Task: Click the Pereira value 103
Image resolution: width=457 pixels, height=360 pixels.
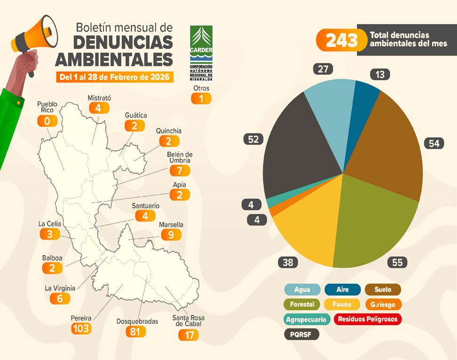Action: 81,328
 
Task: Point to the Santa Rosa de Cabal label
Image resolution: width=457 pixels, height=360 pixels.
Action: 188,321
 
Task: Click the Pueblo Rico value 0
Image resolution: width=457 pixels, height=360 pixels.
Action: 47,121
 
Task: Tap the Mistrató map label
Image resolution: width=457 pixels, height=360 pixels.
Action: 99,98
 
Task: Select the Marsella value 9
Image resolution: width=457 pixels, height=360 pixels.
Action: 171,234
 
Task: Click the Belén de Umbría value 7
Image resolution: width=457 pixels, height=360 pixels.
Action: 179,171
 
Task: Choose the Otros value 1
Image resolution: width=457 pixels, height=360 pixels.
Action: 201,98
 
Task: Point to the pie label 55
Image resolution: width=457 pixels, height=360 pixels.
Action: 397,262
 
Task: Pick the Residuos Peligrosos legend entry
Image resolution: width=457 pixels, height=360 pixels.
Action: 368,319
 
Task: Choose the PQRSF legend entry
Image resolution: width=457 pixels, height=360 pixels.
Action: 301,335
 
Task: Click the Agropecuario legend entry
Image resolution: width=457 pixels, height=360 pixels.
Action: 306,319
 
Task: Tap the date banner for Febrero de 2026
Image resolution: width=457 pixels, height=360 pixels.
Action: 114,77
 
